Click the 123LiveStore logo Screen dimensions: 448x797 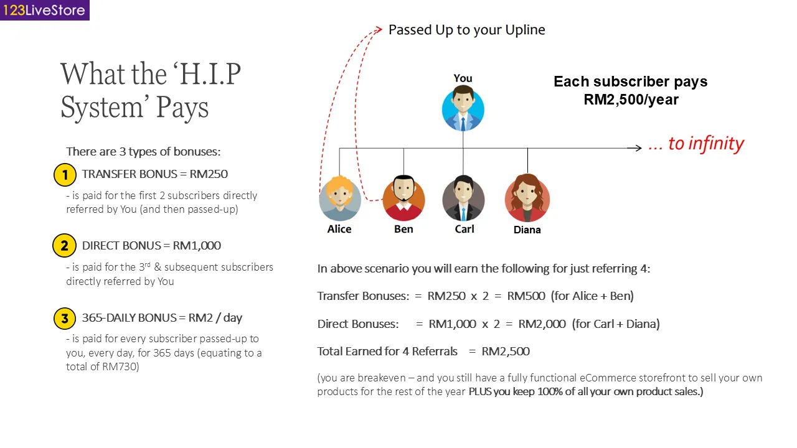[44, 10]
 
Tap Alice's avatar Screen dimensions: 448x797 [340, 198]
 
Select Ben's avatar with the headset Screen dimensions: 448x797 [403, 198]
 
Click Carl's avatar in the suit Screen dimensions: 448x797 [463, 198]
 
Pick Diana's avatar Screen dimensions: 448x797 [527, 198]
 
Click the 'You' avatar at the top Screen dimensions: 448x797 [463, 109]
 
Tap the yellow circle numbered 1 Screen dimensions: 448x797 [65, 175]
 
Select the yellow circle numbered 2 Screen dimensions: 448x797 [64, 246]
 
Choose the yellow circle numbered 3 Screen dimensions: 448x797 [64, 319]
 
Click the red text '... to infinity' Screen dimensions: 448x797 [696, 144]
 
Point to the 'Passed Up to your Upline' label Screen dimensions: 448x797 [466, 30]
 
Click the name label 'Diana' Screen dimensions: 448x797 [527, 230]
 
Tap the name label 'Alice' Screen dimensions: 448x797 [339, 229]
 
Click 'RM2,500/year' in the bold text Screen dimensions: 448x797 [631, 100]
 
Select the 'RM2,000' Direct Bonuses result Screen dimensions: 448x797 [542, 324]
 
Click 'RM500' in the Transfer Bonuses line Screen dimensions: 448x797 [526, 296]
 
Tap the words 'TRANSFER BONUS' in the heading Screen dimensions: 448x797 [121, 174]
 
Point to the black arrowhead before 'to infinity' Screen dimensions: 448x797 [637, 148]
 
